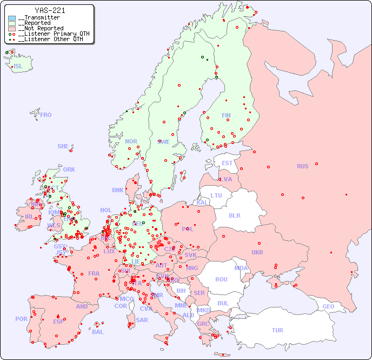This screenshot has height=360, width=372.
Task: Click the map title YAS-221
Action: point(50,10)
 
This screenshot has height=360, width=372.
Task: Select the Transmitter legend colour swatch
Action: point(12,18)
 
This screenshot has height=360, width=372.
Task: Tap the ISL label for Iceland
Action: point(18,67)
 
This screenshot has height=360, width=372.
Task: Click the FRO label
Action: point(46,115)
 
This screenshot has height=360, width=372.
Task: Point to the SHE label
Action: point(63,146)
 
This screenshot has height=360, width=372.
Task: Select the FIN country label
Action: point(226,115)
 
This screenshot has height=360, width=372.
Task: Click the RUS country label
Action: point(302,166)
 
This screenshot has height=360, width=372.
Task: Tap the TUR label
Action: point(277,330)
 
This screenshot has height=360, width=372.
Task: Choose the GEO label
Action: point(328,306)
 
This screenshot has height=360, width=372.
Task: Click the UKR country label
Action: point(257,252)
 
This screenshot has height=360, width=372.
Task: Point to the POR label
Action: point(21,319)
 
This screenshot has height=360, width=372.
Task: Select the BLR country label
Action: point(235,215)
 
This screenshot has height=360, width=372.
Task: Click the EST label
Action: point(227,163)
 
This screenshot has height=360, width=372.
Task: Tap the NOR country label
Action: point(131,141)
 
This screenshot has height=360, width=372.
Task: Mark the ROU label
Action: point(221,279)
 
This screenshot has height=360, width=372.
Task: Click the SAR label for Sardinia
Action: point(142,320)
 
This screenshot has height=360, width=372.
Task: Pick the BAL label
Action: point(98,332)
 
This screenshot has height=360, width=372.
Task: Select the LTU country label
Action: point(216,195)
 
